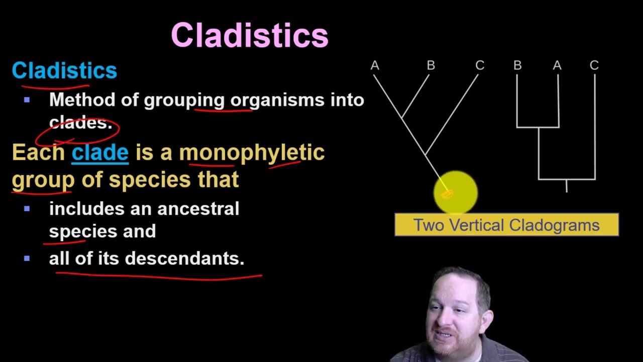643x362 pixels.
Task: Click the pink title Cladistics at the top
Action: click(x=250, y=35)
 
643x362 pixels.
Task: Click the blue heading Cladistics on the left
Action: click(x=64, y=70)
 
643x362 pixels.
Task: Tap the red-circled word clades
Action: click(x=80, y=123)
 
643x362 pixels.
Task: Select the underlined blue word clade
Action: click(x=100, y=152)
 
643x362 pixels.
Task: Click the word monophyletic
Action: click(x=252, y=152)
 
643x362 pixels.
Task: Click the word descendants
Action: click(x=184, y=258)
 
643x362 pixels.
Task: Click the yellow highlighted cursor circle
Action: click(x=456, y=192)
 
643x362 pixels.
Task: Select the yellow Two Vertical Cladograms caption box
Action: click(x=506, y=225)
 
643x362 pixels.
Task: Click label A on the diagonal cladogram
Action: click(x=375, y=66)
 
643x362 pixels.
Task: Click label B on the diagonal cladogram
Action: click(x=431, y=66)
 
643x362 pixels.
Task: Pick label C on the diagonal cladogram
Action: click(x=480, y=66)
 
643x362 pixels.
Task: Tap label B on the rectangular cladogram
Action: click(x=517, y=66)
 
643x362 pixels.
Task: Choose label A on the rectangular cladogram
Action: click(x=557, y=66)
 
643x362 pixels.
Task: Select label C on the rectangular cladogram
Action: click(x=594, y=66)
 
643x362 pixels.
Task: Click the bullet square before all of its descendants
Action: click(x=27, y=258)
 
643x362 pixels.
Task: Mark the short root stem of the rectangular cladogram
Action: click(x=567, y=186)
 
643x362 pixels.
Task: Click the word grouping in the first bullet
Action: click(x=184, y=100)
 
